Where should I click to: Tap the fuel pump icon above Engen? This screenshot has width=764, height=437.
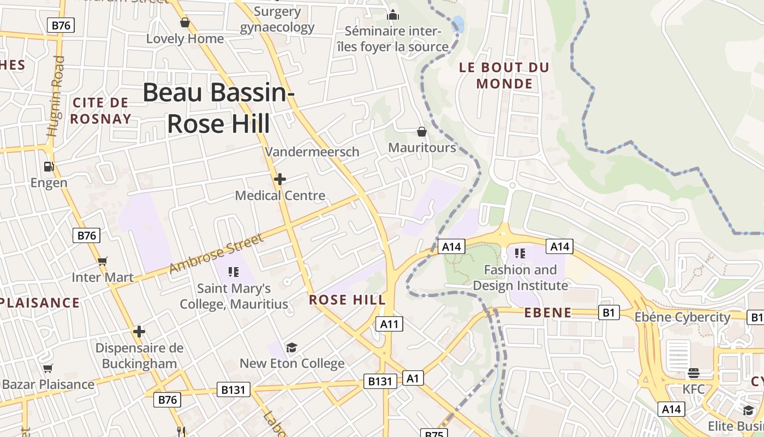49,166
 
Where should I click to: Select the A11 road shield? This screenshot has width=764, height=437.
390,324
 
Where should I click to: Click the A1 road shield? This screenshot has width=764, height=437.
413,378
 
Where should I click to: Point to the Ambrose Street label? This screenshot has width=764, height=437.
216,253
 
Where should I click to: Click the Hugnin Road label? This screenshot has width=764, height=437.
56,96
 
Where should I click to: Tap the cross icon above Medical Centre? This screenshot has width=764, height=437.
279,179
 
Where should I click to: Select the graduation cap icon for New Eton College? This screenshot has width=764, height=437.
292,348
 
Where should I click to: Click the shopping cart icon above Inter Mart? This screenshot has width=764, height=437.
102,262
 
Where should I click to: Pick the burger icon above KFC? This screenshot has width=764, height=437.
694,373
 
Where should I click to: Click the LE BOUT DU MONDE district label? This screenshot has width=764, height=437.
504,75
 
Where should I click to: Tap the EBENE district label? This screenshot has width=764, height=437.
548,313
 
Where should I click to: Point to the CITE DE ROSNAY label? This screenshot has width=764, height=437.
100,110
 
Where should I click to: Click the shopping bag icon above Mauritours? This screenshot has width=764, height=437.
421,132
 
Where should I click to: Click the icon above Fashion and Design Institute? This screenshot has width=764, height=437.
520,253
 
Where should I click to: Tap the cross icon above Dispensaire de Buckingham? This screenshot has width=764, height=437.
139,332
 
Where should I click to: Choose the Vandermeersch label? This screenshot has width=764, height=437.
312,152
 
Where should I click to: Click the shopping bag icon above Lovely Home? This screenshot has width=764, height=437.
185,22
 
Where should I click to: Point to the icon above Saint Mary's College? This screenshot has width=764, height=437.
234,272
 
